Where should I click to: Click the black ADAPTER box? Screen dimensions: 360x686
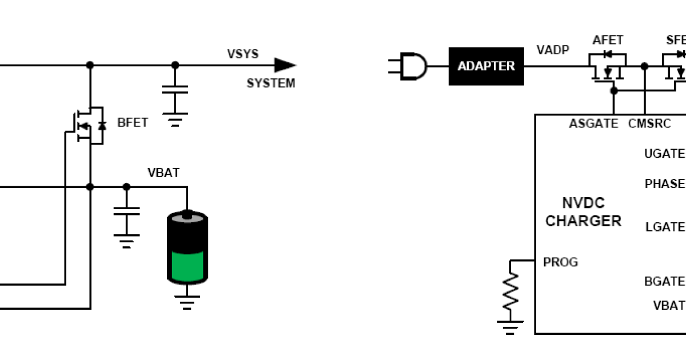click(486, 66)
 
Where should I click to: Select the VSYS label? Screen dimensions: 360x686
click(243, 54)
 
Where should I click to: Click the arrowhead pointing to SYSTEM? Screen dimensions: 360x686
click(284, 66)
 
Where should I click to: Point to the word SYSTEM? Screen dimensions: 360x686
click(270, 83)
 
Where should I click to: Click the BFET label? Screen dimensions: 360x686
click(132, 122)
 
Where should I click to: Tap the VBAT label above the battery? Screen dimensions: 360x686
click(163, 173)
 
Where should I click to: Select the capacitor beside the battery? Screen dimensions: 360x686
click(126, 211)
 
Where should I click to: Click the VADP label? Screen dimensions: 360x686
click(553, 50)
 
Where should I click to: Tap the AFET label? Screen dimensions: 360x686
click(608, 40)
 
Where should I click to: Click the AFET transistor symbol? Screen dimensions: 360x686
click(607, 67)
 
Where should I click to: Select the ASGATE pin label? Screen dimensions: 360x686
click(593, 123)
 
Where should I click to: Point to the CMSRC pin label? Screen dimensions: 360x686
click(649, 123)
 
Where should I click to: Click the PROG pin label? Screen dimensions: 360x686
click(561, 262)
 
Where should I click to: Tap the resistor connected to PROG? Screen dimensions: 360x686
click(510, 291)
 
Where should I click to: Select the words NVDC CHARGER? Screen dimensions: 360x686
click(583, 212)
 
